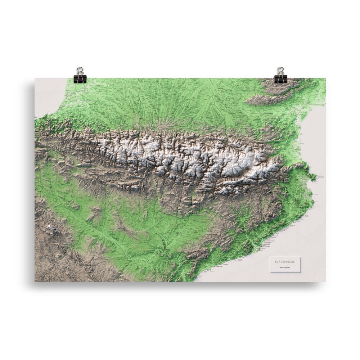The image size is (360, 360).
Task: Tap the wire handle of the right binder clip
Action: coord(280,70)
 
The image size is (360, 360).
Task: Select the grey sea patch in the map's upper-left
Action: coord(49,95)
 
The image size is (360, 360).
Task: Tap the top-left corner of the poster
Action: coord(35,78)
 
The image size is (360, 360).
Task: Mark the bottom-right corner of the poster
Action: coord(326,282)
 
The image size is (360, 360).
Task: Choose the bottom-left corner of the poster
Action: coord(35,282)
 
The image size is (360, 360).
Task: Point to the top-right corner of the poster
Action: coord(326,78)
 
